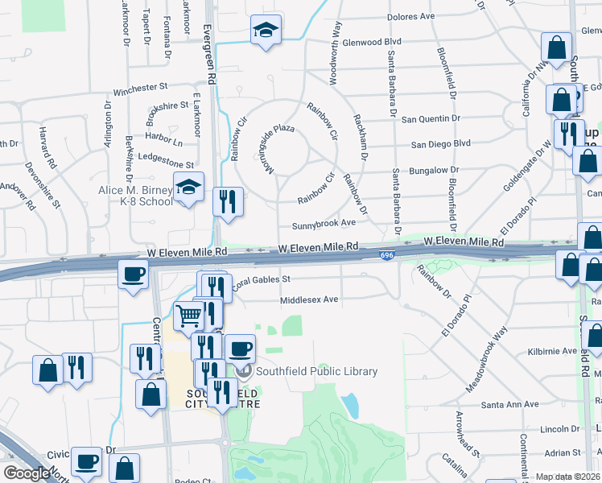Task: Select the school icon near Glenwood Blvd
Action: (x=265, y=31)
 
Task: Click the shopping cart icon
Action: (x=188, y=316)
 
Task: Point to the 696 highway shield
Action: (x=386, y=255)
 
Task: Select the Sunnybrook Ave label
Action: (x=324, y=223)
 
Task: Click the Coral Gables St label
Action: (x=261, y=280)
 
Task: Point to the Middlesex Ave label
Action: (x=309, y=299)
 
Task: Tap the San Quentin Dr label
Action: (x=431, y=118)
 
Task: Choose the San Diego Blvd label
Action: (x=440, y=144)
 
